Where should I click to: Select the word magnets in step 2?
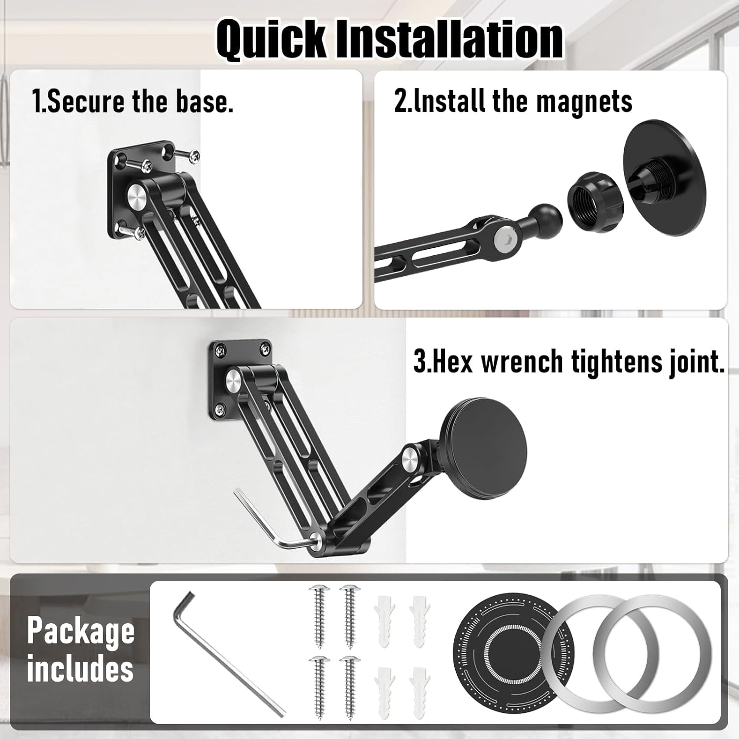tap(584, 101)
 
